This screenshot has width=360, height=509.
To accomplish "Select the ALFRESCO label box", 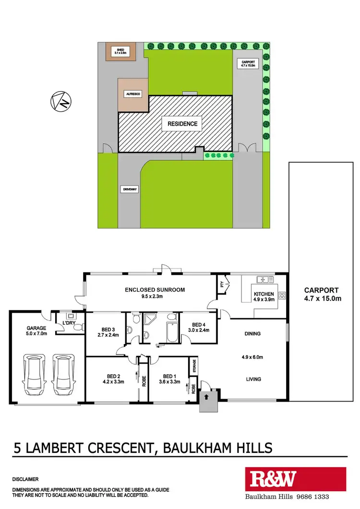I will click(132, 95).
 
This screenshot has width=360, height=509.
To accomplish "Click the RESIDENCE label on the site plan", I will click(182, 124).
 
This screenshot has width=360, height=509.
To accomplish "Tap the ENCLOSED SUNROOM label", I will click(155, 290).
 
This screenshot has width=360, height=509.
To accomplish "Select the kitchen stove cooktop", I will click(282, 296).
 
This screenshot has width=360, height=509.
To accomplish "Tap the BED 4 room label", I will click(198, 324).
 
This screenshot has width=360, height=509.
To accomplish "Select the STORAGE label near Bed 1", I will click(194, 366).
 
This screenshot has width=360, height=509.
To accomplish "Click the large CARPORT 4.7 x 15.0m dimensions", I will click(322, 299).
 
